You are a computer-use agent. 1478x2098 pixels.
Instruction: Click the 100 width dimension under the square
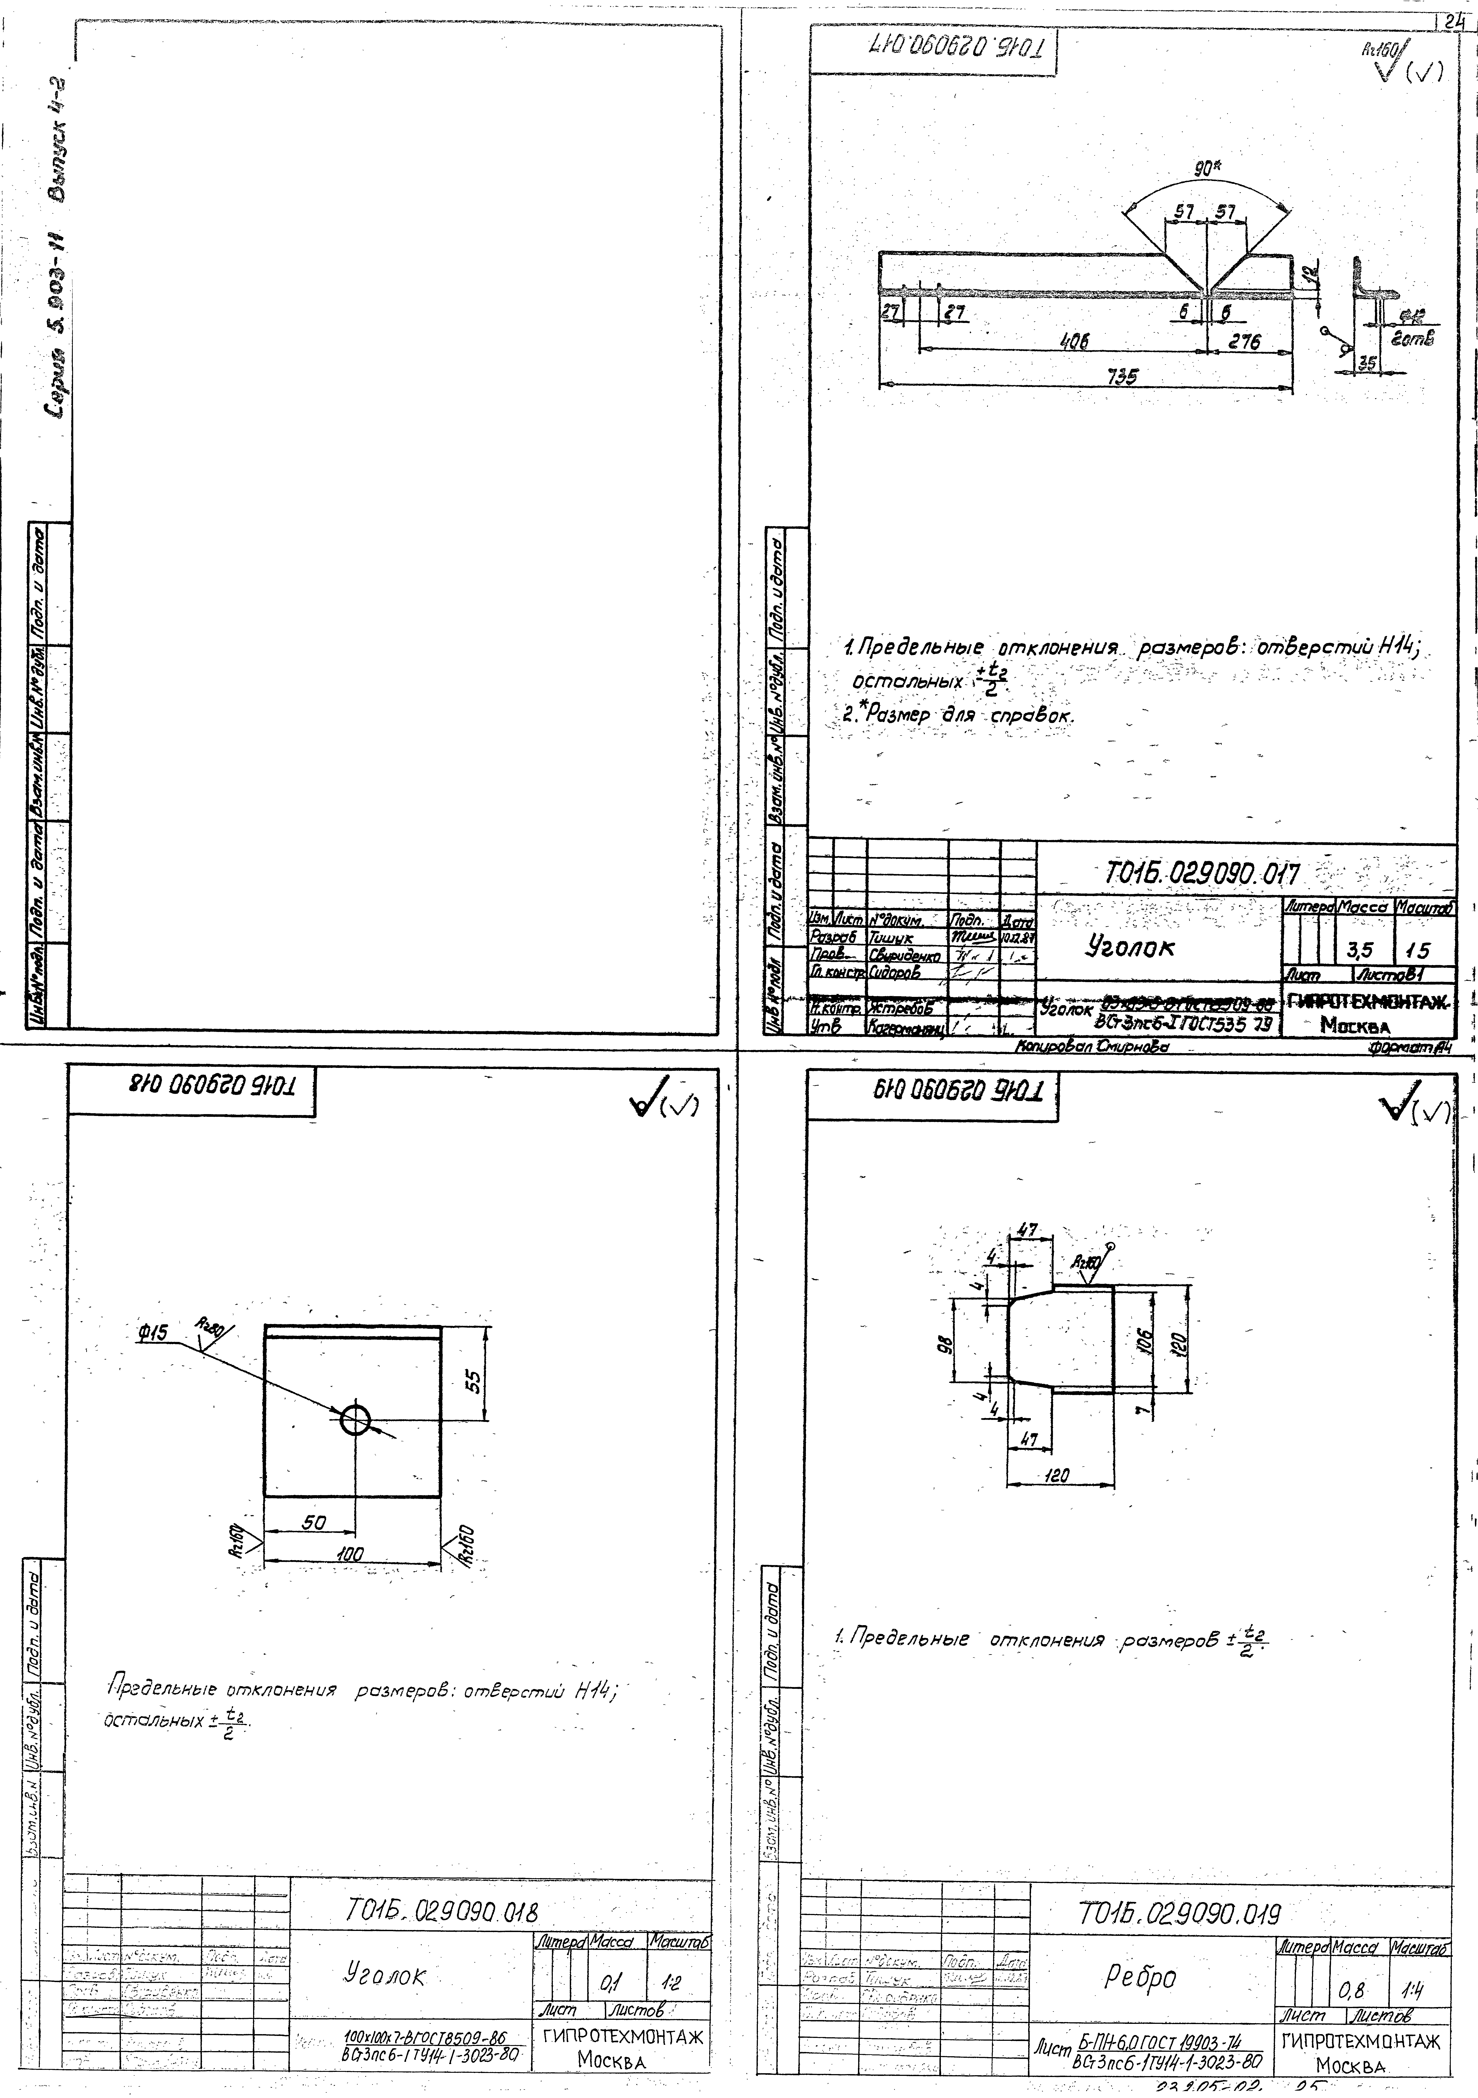348,1553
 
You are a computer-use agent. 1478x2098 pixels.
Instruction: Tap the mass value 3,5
1360,952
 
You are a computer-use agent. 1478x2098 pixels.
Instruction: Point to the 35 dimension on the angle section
1367,363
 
